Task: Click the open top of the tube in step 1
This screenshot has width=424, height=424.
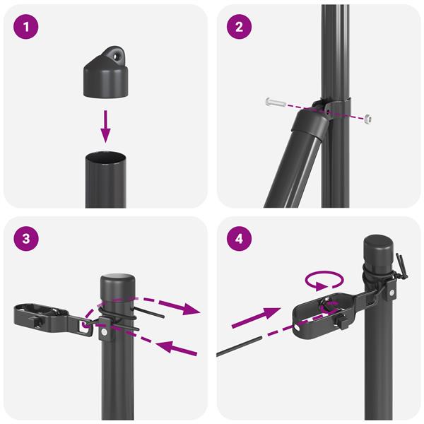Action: [x=105, y=156]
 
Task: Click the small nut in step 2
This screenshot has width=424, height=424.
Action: [x=369, y=119]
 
